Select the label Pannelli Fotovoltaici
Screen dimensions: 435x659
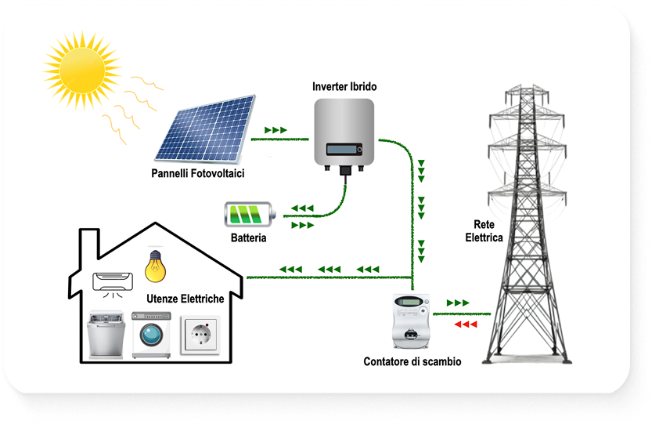click(198, 173)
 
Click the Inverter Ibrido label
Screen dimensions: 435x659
click(344, 86)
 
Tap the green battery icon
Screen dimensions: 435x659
click(250, 214)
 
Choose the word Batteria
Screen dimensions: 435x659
click(249, 237)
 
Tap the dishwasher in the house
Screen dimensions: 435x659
click(107, 335)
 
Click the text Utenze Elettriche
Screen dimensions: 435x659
click(185, 299)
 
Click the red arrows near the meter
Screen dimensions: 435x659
click(465, 324)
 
